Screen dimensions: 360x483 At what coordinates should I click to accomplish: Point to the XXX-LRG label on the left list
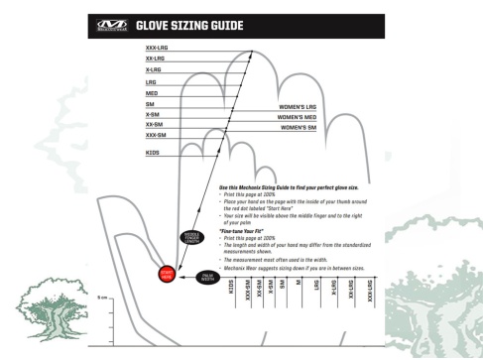point(156,48)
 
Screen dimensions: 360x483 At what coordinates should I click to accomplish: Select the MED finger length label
point(152,93)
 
